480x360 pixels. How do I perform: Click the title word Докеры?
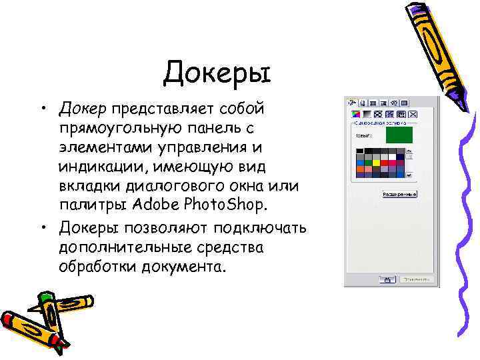pyautogui.click(x=217, y=72)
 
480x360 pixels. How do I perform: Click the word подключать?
pyautogui.click(x=256, y=228)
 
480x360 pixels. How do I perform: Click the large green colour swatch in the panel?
pyautogui.click(x=399, y=135)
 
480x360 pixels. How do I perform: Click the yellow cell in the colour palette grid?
pyautogui.click(x=376, y=161)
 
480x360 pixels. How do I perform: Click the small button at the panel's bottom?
pyautogui.click(x=386, y=279)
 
